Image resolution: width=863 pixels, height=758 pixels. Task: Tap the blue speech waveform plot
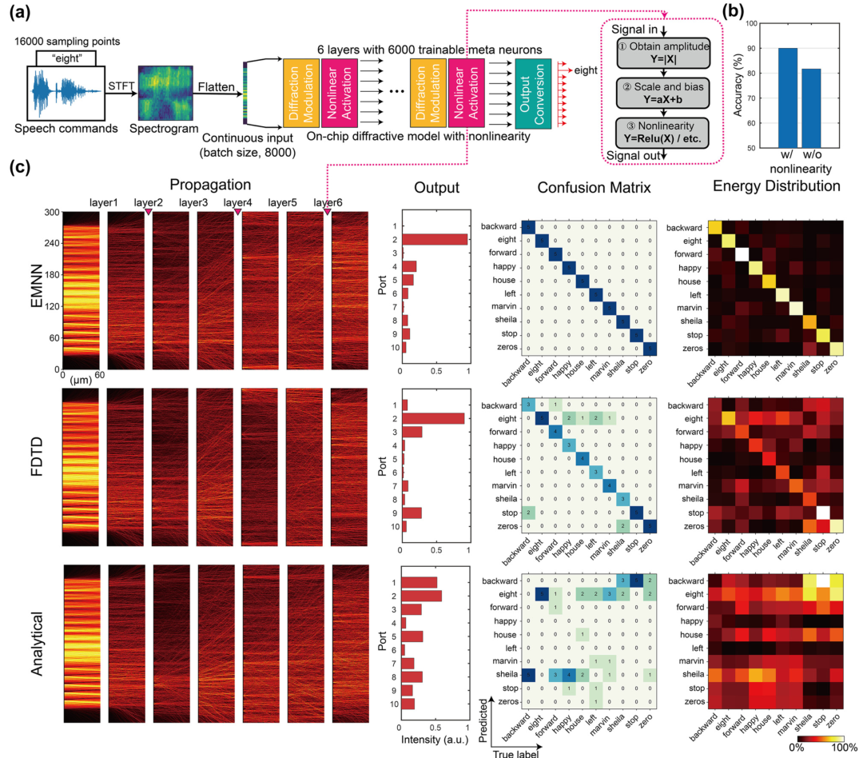pyautogui.click(x=64, y=94)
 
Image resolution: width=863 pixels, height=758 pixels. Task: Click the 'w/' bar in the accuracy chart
pyautogui.click(x=765, y=98)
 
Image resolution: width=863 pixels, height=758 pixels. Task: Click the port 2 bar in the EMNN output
pyautogui.click(x=435, y=239)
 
